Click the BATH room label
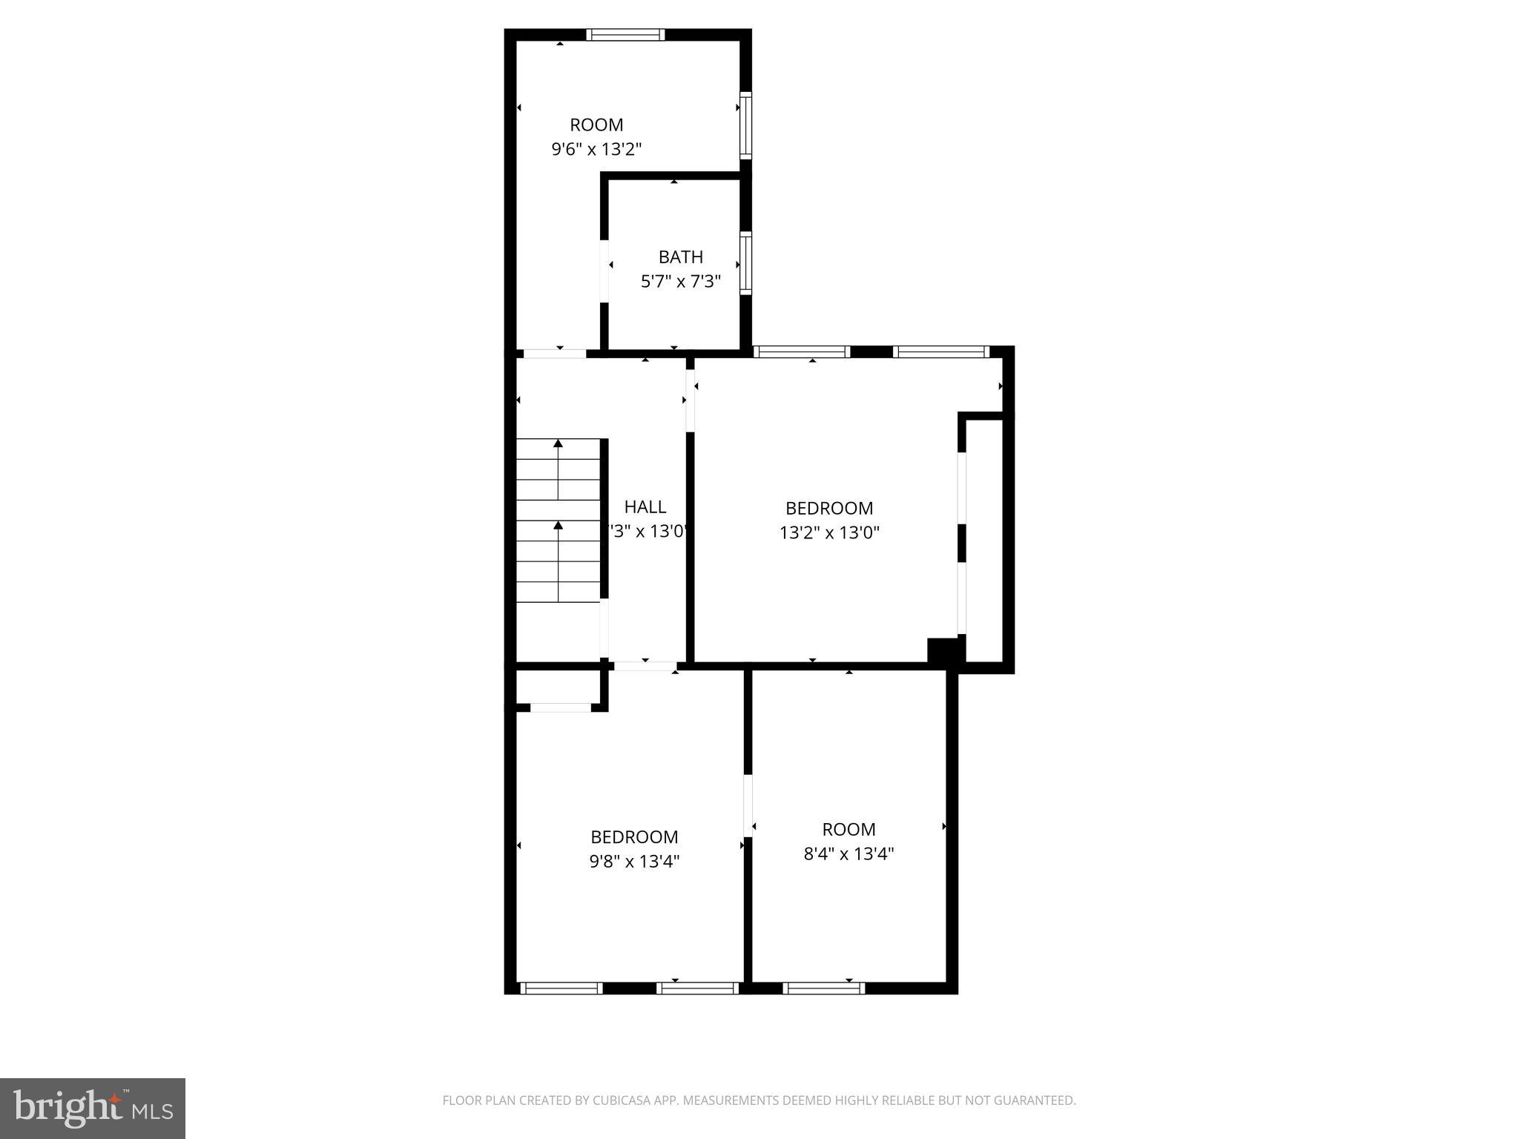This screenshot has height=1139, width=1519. [x=680, y=257]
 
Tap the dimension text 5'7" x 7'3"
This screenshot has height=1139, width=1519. [x=680, y=282]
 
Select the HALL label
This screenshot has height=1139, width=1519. [x=645, y=507]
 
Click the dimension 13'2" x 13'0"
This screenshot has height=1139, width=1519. [x=829, y=532]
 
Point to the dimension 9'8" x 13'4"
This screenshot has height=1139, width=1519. [x=634, y=861]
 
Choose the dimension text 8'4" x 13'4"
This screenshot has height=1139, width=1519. [x=849, y=854]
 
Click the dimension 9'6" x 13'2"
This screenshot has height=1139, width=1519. [x=596, y=149]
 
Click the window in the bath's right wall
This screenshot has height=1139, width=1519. [x=745, y=263]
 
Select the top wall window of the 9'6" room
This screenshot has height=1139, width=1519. [x=625, y=35]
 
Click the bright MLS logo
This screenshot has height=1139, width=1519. [x=93, y=1108]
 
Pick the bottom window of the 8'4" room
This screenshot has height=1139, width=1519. [x=823, y=988]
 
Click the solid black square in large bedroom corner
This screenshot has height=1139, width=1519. [x=943, y=650]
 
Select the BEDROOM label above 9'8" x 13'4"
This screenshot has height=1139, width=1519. [x=634, y=837]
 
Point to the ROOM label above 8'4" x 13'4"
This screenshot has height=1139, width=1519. [x=849, y=830]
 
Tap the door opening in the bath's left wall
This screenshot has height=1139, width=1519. [x=604, y=271]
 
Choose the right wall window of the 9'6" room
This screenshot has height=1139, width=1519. [x=745, y=125]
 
